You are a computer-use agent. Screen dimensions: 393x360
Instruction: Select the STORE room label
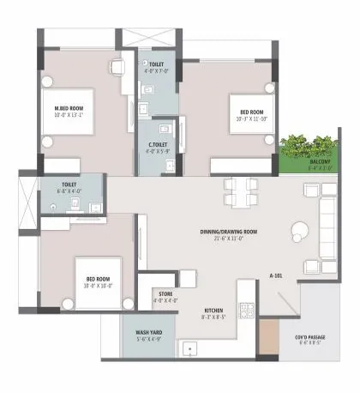click(165, 293)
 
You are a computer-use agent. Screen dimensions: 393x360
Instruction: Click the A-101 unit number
click(277, 275)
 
